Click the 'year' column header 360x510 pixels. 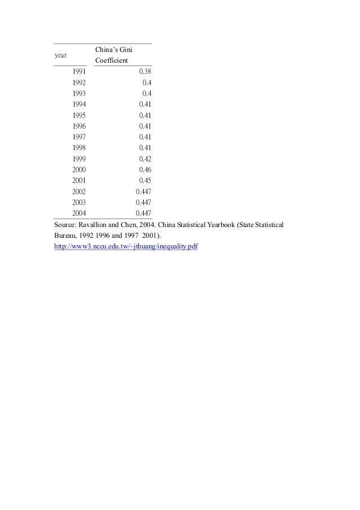[x=60, y=55]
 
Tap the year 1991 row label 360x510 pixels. [x=79, y=72]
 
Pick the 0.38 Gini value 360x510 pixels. [x=145, y=72]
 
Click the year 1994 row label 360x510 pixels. [x=79, y=104]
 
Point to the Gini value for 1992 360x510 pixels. [x=147, y=82]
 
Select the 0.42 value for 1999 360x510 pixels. [x=145, y=159]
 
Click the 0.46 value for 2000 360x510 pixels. [x=145, y=169]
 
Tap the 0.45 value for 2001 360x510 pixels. [x=145, y=180]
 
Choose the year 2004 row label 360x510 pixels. [x=79, y=213]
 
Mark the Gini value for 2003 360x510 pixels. [x=143, y=202]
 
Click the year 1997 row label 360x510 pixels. [x=79, y=137]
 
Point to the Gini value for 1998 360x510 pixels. [x=145, y=148]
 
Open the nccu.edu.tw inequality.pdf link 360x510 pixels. [x=126, y=247]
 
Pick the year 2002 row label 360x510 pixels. [x=79, y=191]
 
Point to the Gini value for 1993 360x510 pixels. [x=147, y=93]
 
